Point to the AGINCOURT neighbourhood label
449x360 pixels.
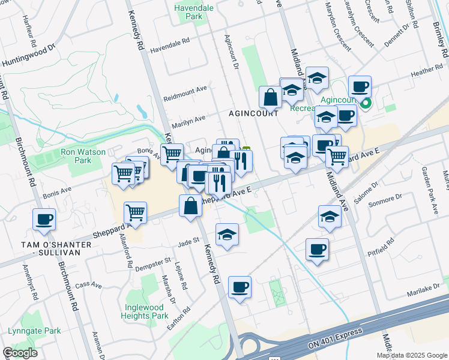coord(253,113)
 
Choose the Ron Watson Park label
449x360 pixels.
coord(76,156)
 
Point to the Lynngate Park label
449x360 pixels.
coord(35,331)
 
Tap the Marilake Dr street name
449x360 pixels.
coord(427,291)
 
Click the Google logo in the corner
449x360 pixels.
coord(20,353)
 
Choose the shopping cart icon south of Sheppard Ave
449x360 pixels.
coord(136,212)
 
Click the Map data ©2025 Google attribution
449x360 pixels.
coord(412,355)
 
